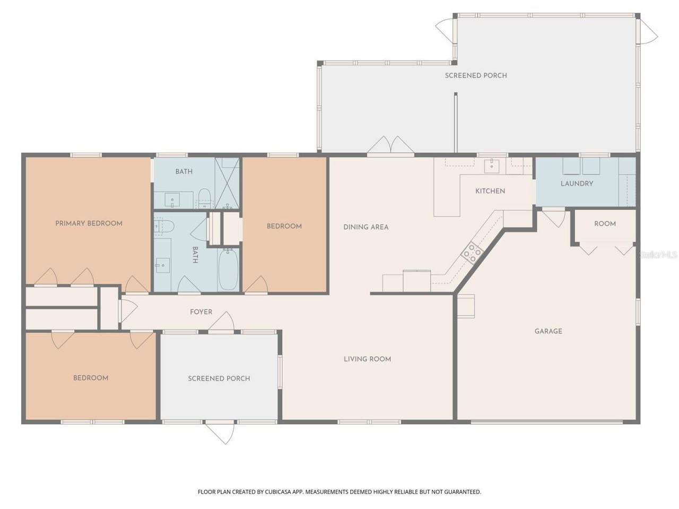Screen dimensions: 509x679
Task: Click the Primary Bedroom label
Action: tap(89, 223)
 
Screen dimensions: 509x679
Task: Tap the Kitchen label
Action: tap(490, 191)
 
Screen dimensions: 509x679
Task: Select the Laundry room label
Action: tap(577, 183)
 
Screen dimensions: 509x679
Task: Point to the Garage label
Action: tap(548, 331)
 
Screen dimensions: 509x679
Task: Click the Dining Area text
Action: tap(365, 227)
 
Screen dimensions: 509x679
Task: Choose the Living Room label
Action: tap(367, 359)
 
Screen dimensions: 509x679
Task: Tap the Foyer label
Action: tap(201, 312)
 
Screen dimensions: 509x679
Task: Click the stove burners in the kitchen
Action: tap(471, 252)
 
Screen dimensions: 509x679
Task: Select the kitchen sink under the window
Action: tap(492, 165)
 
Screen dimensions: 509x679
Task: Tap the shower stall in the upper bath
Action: tap(227, 183)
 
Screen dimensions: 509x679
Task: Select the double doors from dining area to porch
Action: tap(390, 147)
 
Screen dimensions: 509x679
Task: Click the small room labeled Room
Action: tap(605, 224)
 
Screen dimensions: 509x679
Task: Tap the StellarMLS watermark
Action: tap(658, 255)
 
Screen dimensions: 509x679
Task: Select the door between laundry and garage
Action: tap(553, 217)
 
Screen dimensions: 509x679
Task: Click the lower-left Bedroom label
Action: tap(91, 378)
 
